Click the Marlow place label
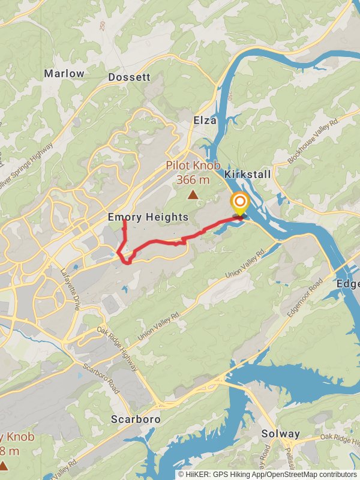[x=64, y=73]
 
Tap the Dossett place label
[x=129, y=77]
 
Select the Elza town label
[x=204, y=121]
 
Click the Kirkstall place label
[x=247, y=174]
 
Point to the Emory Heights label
[x=148, y=217]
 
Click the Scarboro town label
[x=136, y=419]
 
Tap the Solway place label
[x=281, y=433]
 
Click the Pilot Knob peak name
[x=193, y=166]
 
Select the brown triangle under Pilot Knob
[x=193, y=194]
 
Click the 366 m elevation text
[x=193, y=179]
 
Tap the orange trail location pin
[x=240, y=203]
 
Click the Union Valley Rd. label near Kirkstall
[x=245, y=263]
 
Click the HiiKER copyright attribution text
[x=267, y=474]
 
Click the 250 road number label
[x=103, y=27]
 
